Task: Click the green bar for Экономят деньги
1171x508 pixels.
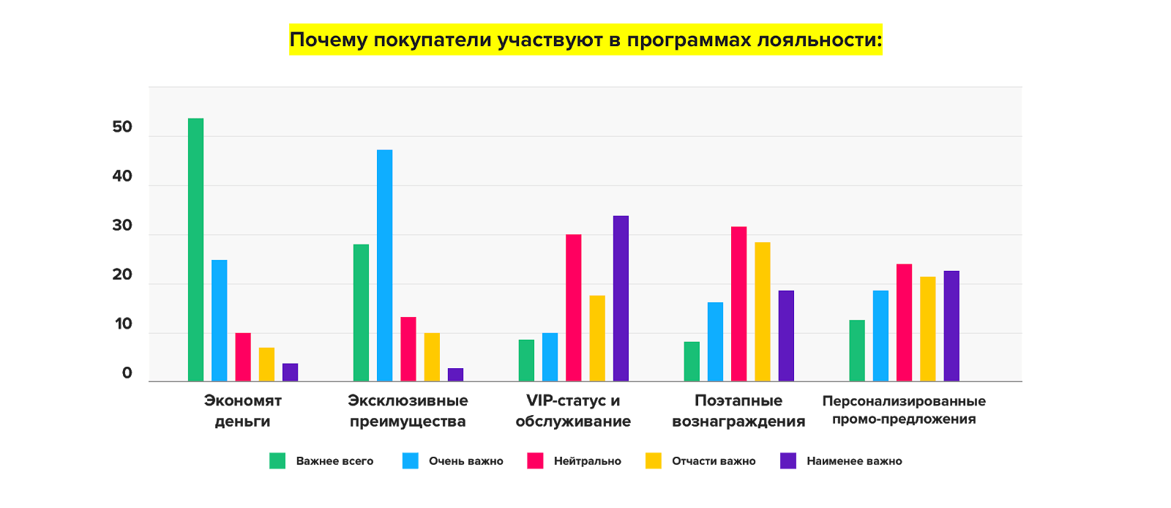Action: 195,249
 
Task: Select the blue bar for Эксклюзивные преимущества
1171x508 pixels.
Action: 384,265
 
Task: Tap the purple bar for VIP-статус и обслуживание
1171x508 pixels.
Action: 621,298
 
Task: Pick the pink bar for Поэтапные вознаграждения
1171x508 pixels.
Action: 738,304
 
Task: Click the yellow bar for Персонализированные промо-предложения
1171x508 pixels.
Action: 927,329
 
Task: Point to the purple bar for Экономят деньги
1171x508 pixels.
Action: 290,372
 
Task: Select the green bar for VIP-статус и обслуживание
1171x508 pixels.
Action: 526,360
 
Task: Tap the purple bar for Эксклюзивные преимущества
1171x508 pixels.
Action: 455,374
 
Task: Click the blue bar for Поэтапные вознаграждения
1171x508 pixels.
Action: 715,341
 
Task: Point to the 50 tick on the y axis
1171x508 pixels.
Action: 122,127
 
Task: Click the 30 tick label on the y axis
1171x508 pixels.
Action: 122,226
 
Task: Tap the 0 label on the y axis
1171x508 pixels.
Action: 127,373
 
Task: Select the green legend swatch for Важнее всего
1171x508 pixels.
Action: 277,460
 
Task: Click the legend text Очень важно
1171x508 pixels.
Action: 466,461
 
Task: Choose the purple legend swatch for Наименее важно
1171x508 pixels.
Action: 788,460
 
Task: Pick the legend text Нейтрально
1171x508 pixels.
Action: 588,461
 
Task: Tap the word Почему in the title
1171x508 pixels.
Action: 329,40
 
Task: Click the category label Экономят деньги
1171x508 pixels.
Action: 242,411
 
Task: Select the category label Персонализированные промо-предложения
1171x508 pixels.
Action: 904,410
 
